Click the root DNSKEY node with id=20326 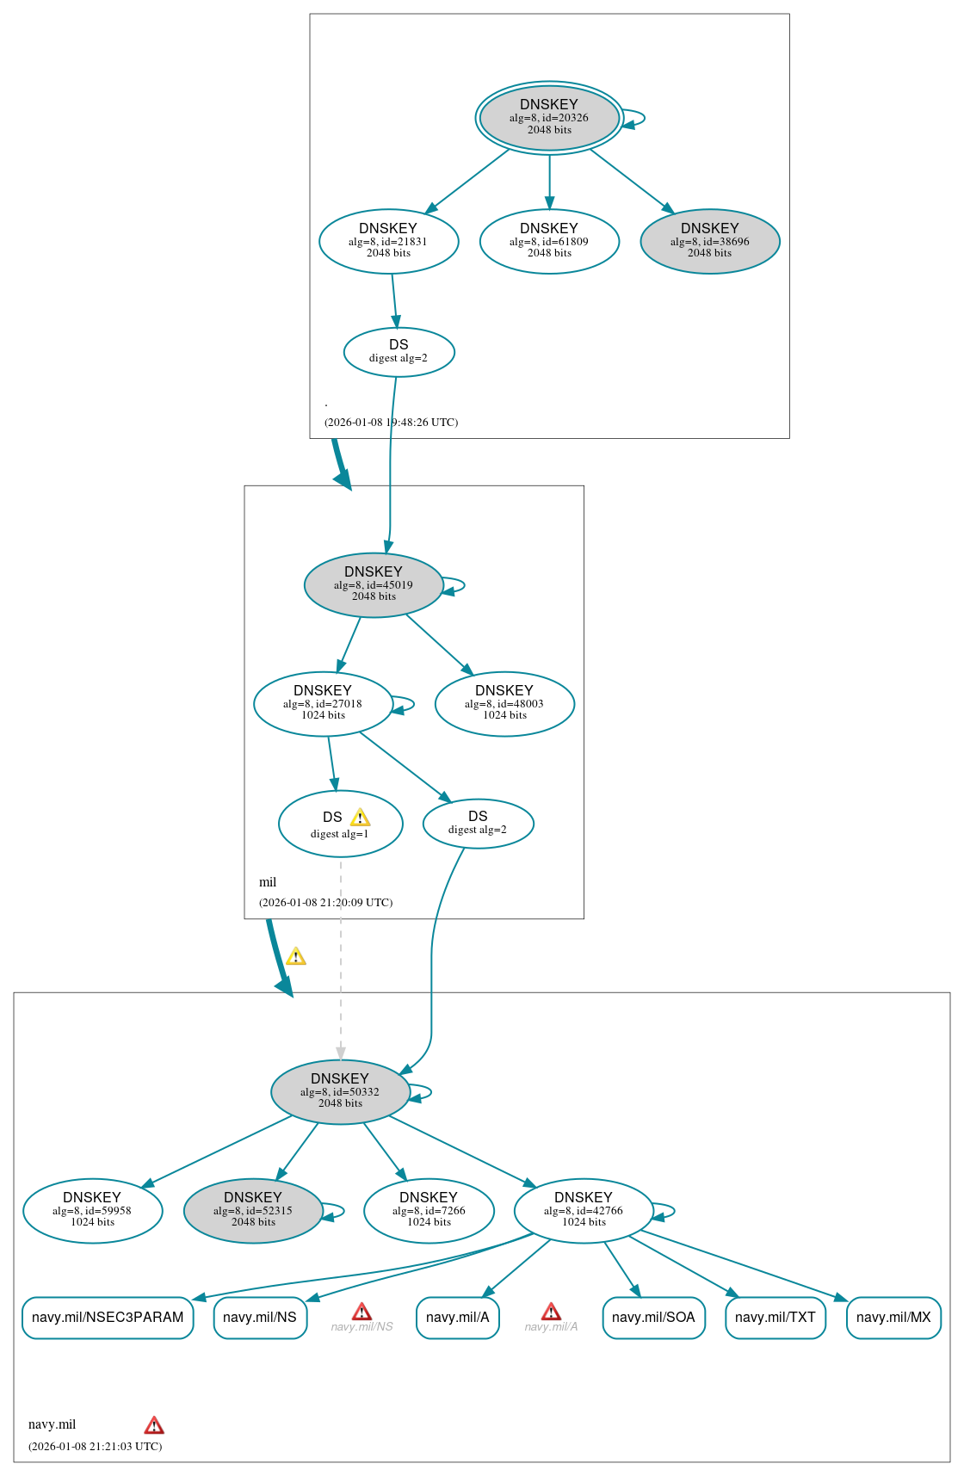[x=549, y=118]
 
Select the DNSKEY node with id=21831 [x=388, y=242]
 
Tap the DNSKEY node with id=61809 [x=549, y=242]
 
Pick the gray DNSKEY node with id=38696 [x=709, y=242]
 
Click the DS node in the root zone [x=399, y=352]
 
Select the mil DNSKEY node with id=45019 [x=374, y=585]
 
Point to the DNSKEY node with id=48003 [x=504, y=704]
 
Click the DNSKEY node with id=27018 [x=323, y=704]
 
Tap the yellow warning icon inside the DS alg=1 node [x=360, y=818]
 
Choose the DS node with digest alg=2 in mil [x=478, y=824]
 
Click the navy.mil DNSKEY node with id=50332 [x=340, y=1091]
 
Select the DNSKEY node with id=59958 [x=92, y=1210]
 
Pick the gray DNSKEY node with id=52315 [x=253, y=1210]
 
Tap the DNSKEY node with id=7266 [x=429, y=1210]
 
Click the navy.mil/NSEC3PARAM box [x=108, y=1318]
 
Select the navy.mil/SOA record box [x=653, y=1318]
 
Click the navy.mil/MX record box [x=893, y=1318]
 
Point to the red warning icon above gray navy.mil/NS [x=362, y=1312]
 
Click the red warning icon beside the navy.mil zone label [x=154, y=1425]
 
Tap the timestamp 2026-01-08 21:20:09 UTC [x=325, y=903]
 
